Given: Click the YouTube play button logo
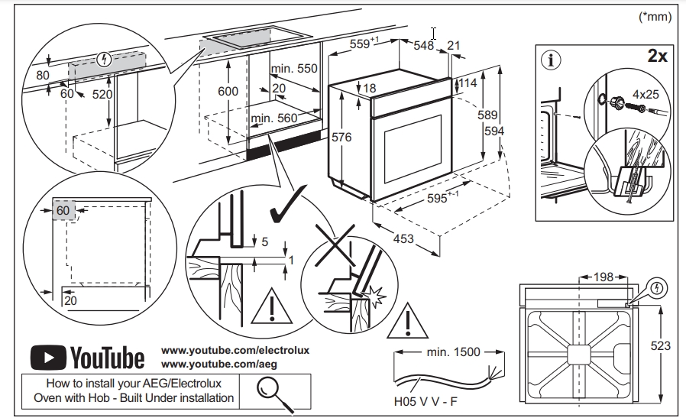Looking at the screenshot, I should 47,357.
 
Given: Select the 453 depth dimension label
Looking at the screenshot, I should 403,239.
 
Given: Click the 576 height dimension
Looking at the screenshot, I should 341,138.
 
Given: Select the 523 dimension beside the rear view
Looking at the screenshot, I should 659,346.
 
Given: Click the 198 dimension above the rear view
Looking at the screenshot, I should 597,276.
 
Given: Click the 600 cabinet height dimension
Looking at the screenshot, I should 228,91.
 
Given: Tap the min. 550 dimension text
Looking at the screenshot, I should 293,69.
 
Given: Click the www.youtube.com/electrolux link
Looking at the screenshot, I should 235,350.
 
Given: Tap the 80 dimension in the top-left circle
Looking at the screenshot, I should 42,76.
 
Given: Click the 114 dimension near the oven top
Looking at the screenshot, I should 468,83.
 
